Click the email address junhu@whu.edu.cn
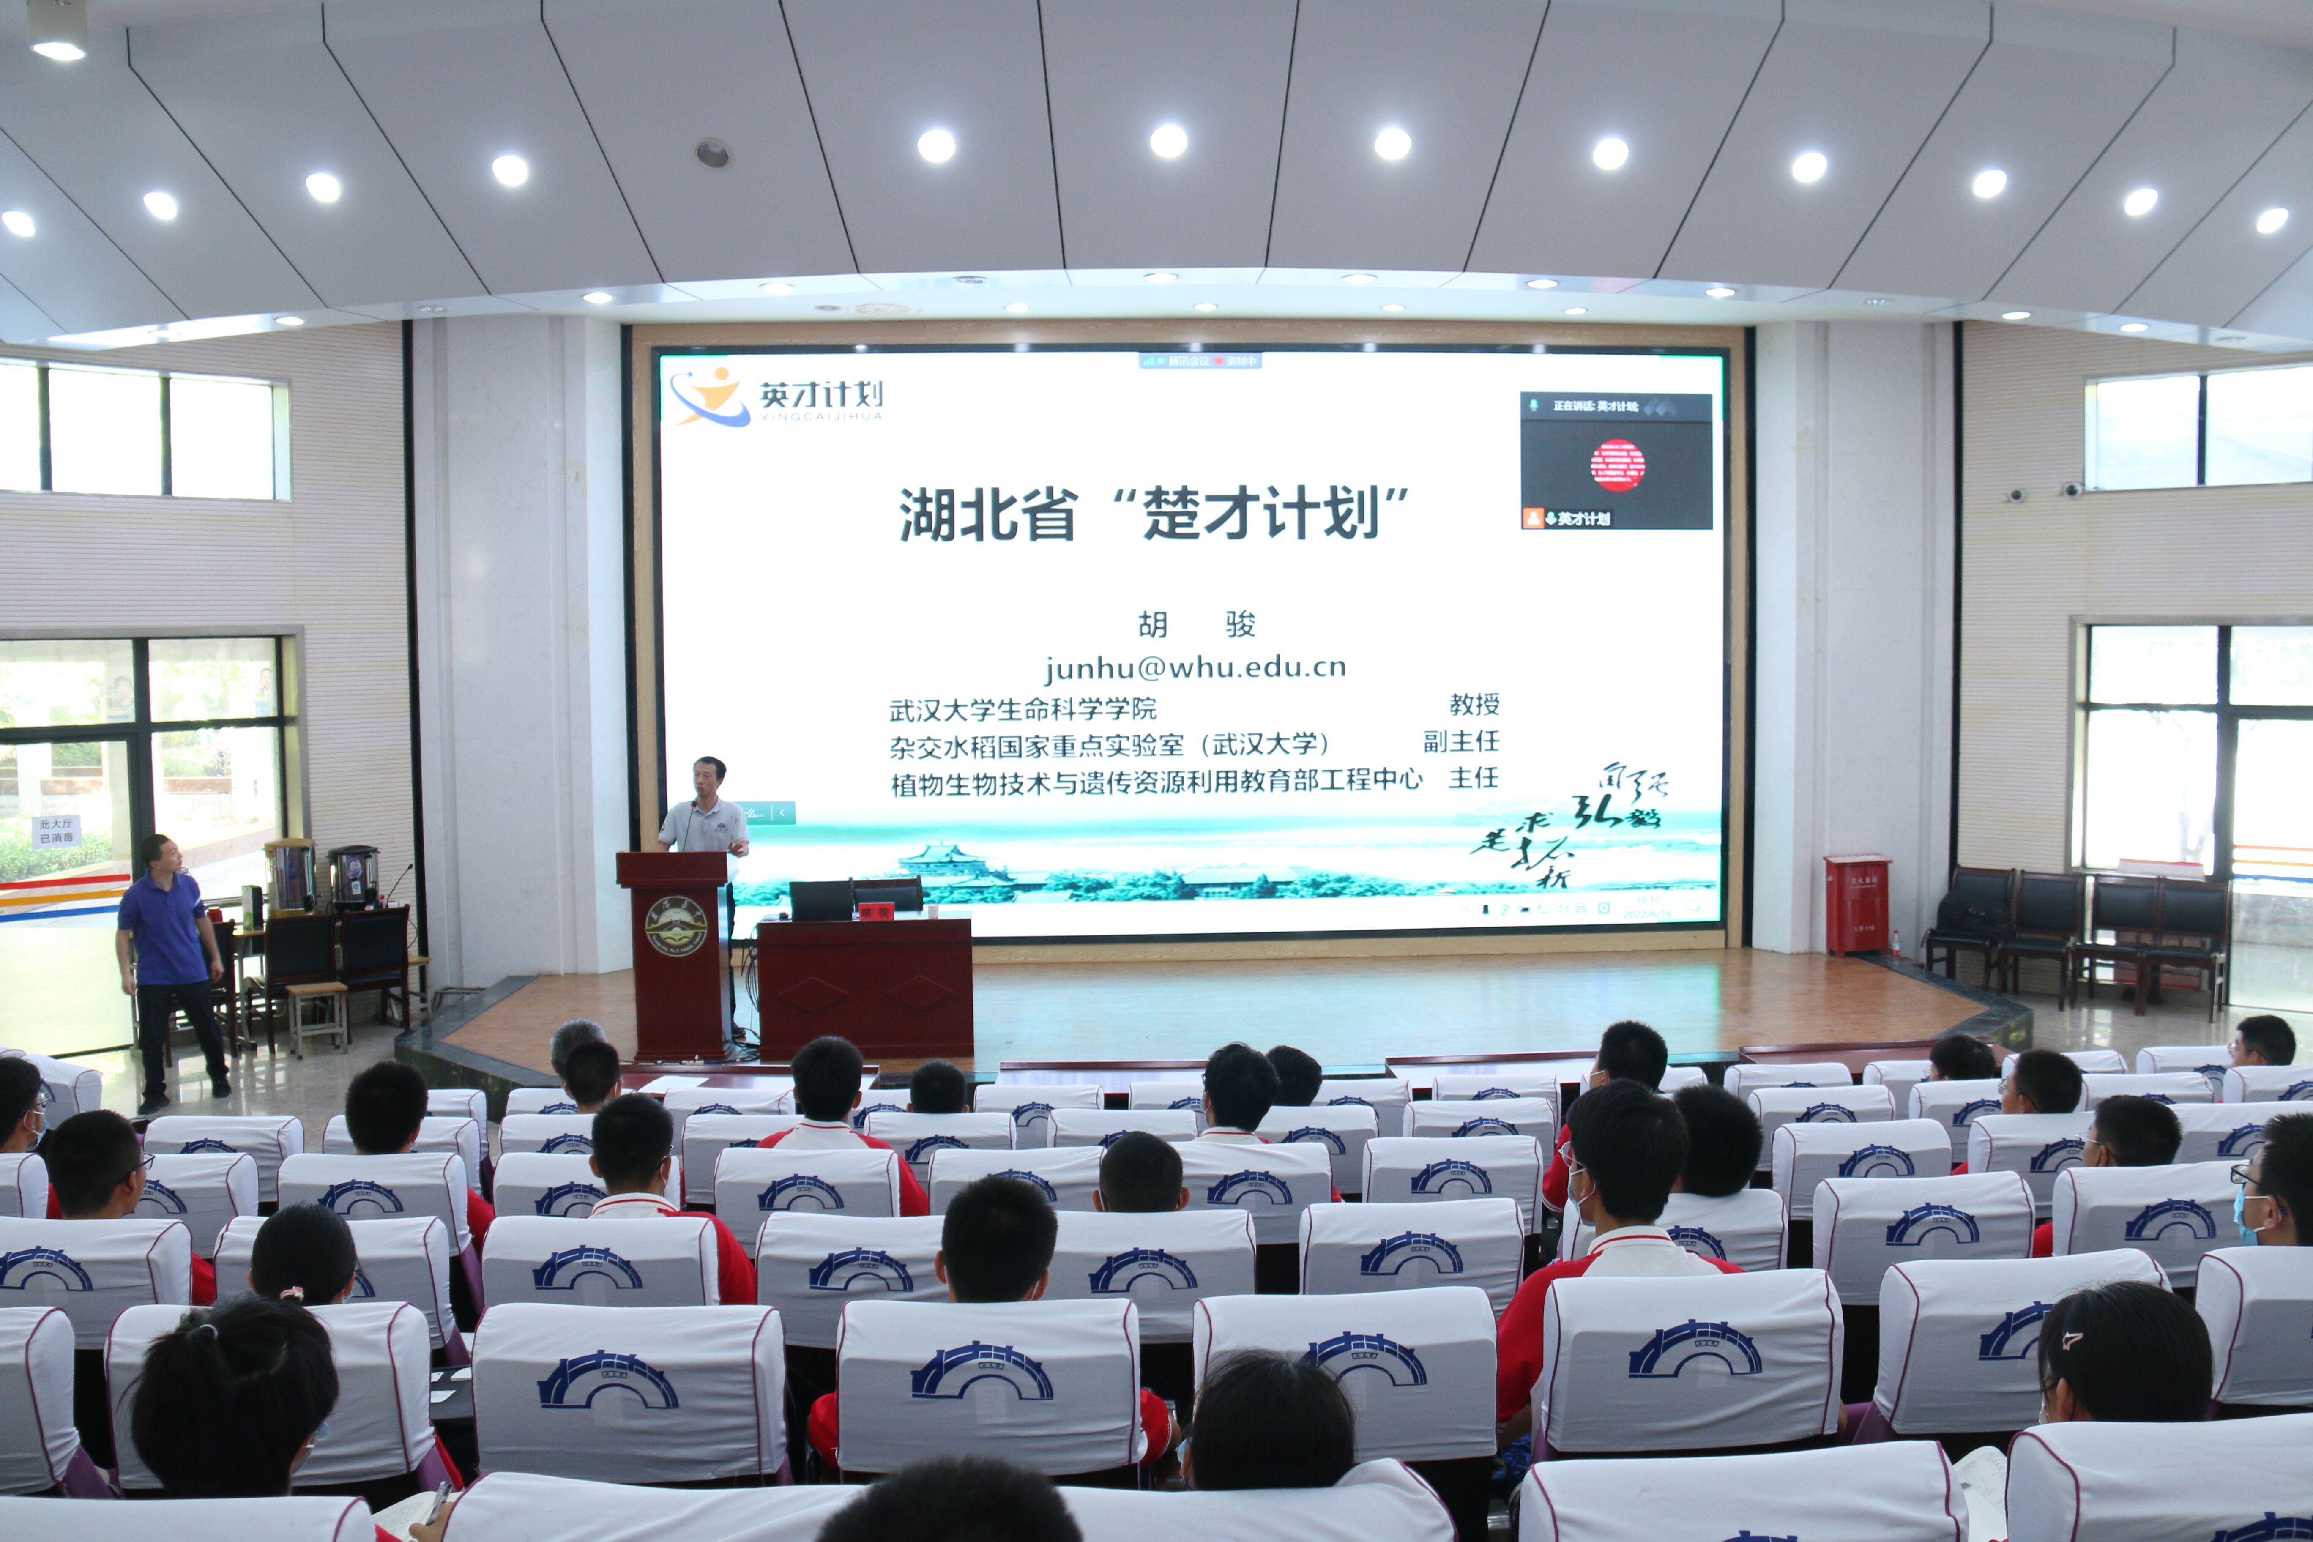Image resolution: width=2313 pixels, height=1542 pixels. pyautogui.click(x=1195, y=668)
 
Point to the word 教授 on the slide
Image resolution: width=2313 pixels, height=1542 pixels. pyautogui.click(x=1473, y=704)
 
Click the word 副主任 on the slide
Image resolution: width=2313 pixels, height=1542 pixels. pyautogui.click(x=1460, y=741)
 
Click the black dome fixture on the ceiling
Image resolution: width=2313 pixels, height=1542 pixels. pyautogui.click(x=712, y=153)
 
